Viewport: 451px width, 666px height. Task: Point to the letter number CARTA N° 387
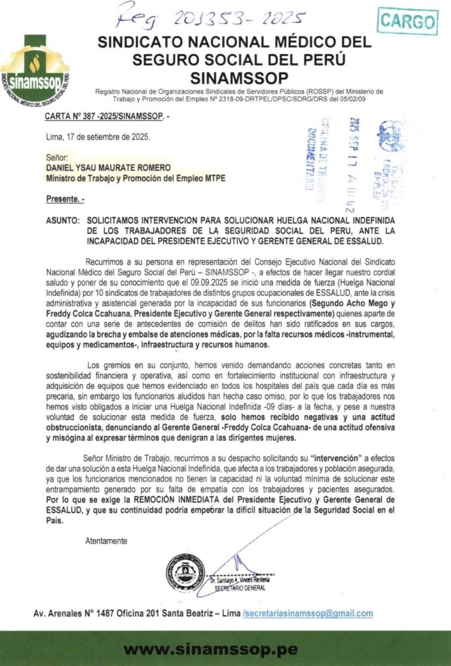click(104, 116)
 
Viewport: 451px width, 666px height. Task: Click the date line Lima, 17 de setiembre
click(98, 137)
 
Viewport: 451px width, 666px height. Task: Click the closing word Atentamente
click(107, 540)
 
